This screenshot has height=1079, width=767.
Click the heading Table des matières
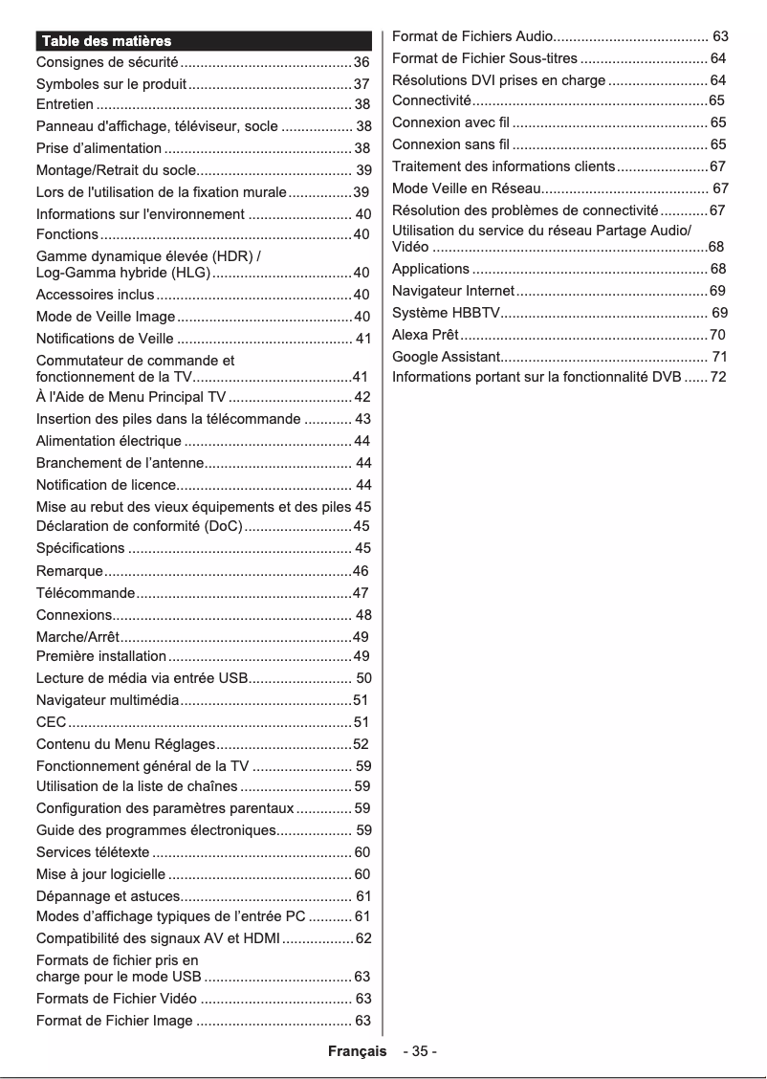(105, 41)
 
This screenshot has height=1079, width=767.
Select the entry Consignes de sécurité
(107, 62)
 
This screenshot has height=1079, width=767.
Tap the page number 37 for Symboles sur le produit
(362, 84)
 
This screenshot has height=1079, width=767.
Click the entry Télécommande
(85, 593)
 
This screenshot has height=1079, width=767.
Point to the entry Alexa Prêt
(426, 335)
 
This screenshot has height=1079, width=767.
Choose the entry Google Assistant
(446, 357)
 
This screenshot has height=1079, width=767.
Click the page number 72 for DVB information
(718, 377)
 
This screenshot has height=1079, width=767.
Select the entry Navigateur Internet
(453, 291)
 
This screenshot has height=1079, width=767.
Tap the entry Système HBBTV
(447, 313)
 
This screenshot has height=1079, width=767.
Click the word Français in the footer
(358, 1051)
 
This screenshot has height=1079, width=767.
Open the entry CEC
(51, 722)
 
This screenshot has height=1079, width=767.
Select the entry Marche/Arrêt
(77, 637)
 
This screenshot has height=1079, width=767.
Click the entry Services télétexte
(93, 852)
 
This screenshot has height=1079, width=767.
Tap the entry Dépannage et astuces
(108, 896)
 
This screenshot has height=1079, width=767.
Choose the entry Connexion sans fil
(451, 144)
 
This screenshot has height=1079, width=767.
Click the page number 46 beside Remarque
(361, 571)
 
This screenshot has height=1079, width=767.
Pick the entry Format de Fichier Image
(114, 1021)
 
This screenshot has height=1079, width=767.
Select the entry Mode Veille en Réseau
(467, 188)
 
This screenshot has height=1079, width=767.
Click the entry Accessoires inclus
(95, 295)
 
